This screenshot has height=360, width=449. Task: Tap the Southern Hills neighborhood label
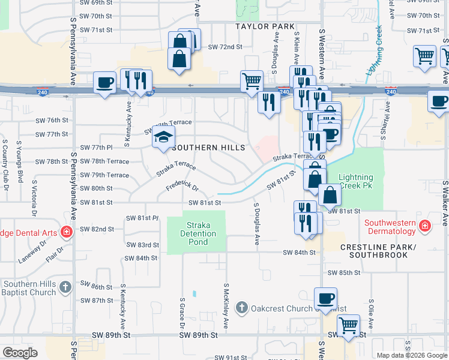[x=208, y=148]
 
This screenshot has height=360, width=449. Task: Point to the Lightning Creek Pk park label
[x=355, y=182]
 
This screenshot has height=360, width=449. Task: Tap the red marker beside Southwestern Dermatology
[x=425, y=226]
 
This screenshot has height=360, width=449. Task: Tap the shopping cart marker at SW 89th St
[x=348, y=325]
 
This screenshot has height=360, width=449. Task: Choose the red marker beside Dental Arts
[x=66, y=232]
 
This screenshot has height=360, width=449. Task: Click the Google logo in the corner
[x=20, y=352]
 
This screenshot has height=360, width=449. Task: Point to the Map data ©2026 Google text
[x=411, y=355]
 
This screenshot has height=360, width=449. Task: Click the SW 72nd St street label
[x=224, y=47]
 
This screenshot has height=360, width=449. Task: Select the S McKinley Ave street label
[x=226, y=306]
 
